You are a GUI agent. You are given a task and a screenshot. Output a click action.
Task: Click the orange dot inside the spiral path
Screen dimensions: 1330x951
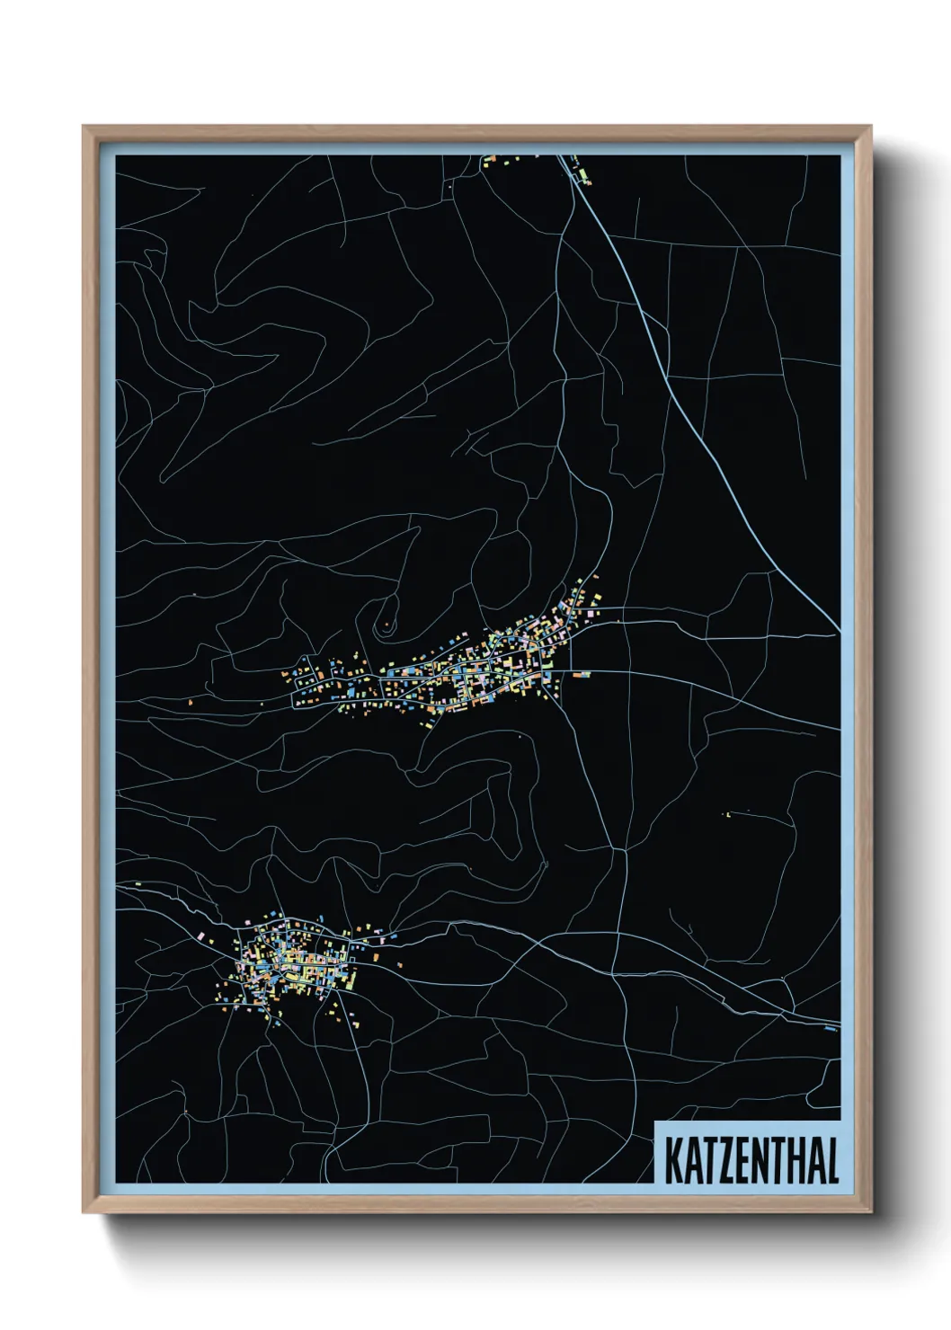387,624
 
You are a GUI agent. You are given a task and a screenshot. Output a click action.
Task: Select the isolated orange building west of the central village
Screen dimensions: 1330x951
191,700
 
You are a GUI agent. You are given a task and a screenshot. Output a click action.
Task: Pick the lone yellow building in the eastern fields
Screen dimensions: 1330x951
726,814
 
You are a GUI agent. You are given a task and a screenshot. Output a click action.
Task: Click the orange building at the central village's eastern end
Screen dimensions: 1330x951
582,673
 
